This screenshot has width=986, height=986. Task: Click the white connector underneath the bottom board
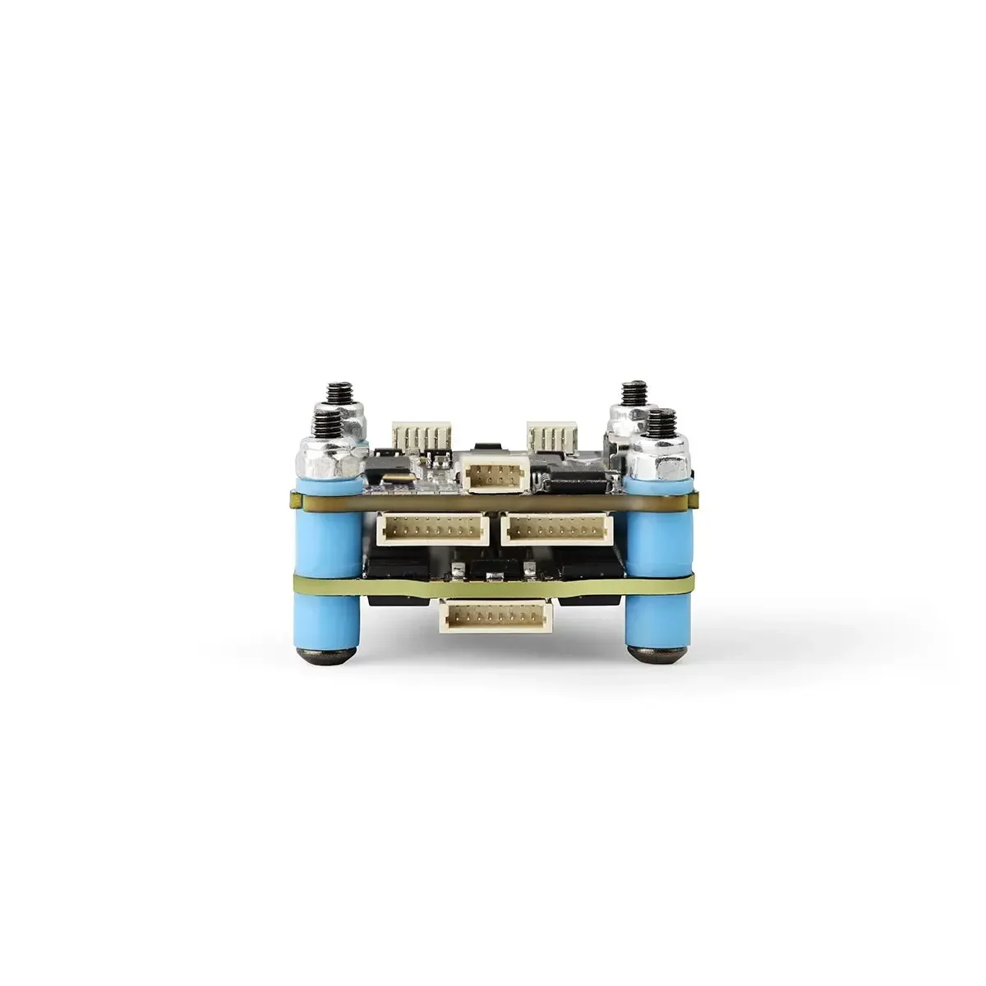pos(496,616)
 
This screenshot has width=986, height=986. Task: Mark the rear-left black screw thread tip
pos(336,392)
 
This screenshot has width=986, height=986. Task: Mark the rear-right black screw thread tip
pos(634,391)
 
